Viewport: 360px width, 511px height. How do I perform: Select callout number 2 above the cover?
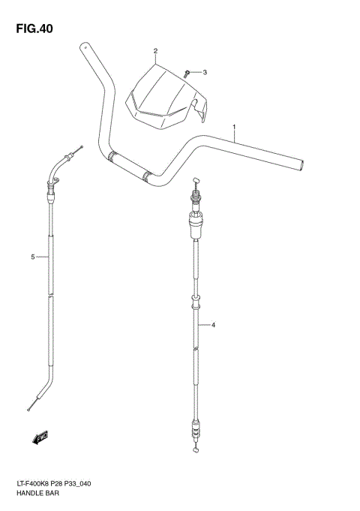pyautogui.click(x=155, y=52)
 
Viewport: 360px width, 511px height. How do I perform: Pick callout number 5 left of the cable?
pyautogui.click(x=33, y=257)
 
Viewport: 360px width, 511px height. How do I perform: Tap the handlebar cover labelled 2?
pyautogui.click(x=164, y=96)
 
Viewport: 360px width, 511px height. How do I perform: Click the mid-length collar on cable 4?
pyautogui.click(x=196, y=303)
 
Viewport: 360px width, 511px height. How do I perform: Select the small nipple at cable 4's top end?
pyautogui.click(x=196, y=180)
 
